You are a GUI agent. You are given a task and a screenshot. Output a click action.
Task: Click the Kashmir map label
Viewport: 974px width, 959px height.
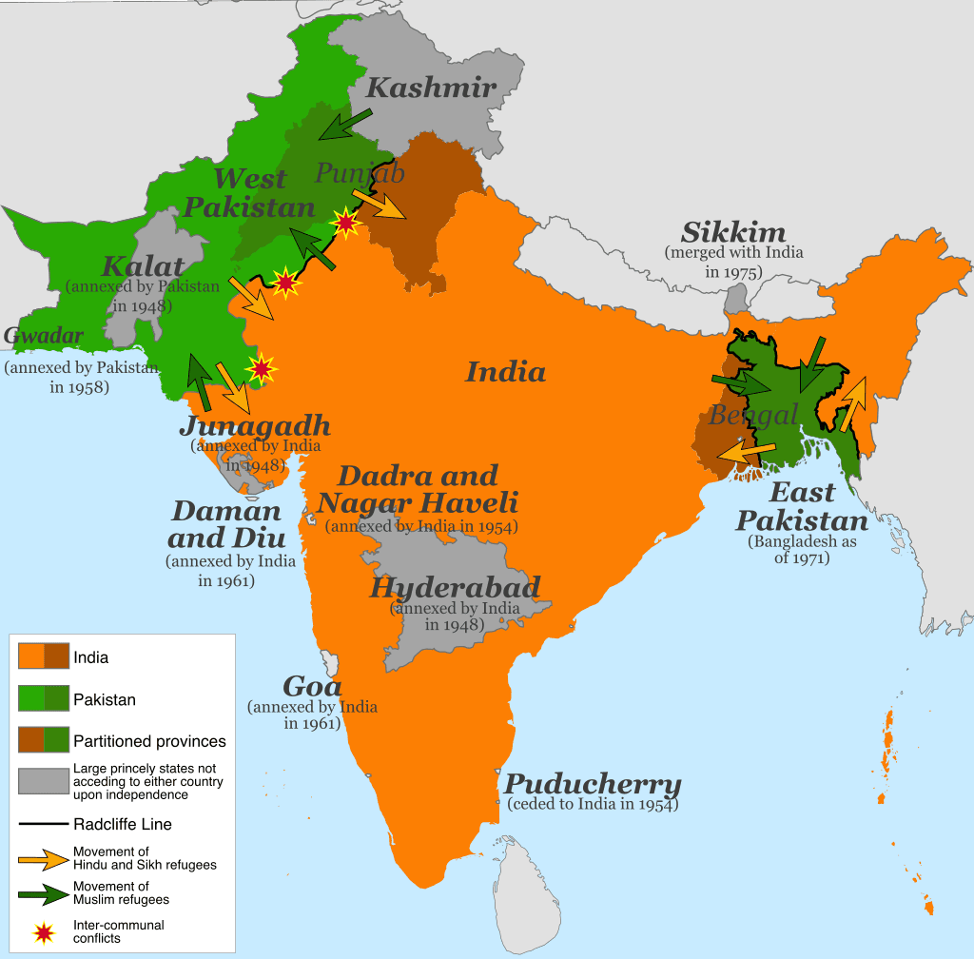(431, 88)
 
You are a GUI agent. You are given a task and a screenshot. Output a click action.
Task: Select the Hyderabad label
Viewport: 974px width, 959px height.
(455, 587)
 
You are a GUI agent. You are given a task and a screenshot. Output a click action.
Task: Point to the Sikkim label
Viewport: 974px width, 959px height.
(733, 232)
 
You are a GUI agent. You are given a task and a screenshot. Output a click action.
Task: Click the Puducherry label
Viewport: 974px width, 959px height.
(593, 785)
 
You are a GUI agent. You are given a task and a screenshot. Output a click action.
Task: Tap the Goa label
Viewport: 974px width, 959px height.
(312, 686)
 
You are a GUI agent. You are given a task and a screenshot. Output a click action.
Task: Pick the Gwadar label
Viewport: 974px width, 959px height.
(43, 336)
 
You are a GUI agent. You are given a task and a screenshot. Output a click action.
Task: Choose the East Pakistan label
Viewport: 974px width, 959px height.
(802, 507)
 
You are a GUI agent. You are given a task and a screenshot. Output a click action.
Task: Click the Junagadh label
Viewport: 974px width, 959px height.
(255, 424)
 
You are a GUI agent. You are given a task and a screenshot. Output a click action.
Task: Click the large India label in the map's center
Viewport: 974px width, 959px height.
(505, 371)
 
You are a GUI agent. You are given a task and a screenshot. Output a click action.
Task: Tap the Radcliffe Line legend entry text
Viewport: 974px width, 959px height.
(123, 824)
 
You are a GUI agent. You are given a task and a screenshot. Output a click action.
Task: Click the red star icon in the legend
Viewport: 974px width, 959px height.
(42, 931)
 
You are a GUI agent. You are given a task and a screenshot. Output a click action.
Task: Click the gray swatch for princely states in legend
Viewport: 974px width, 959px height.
(42, 781)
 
